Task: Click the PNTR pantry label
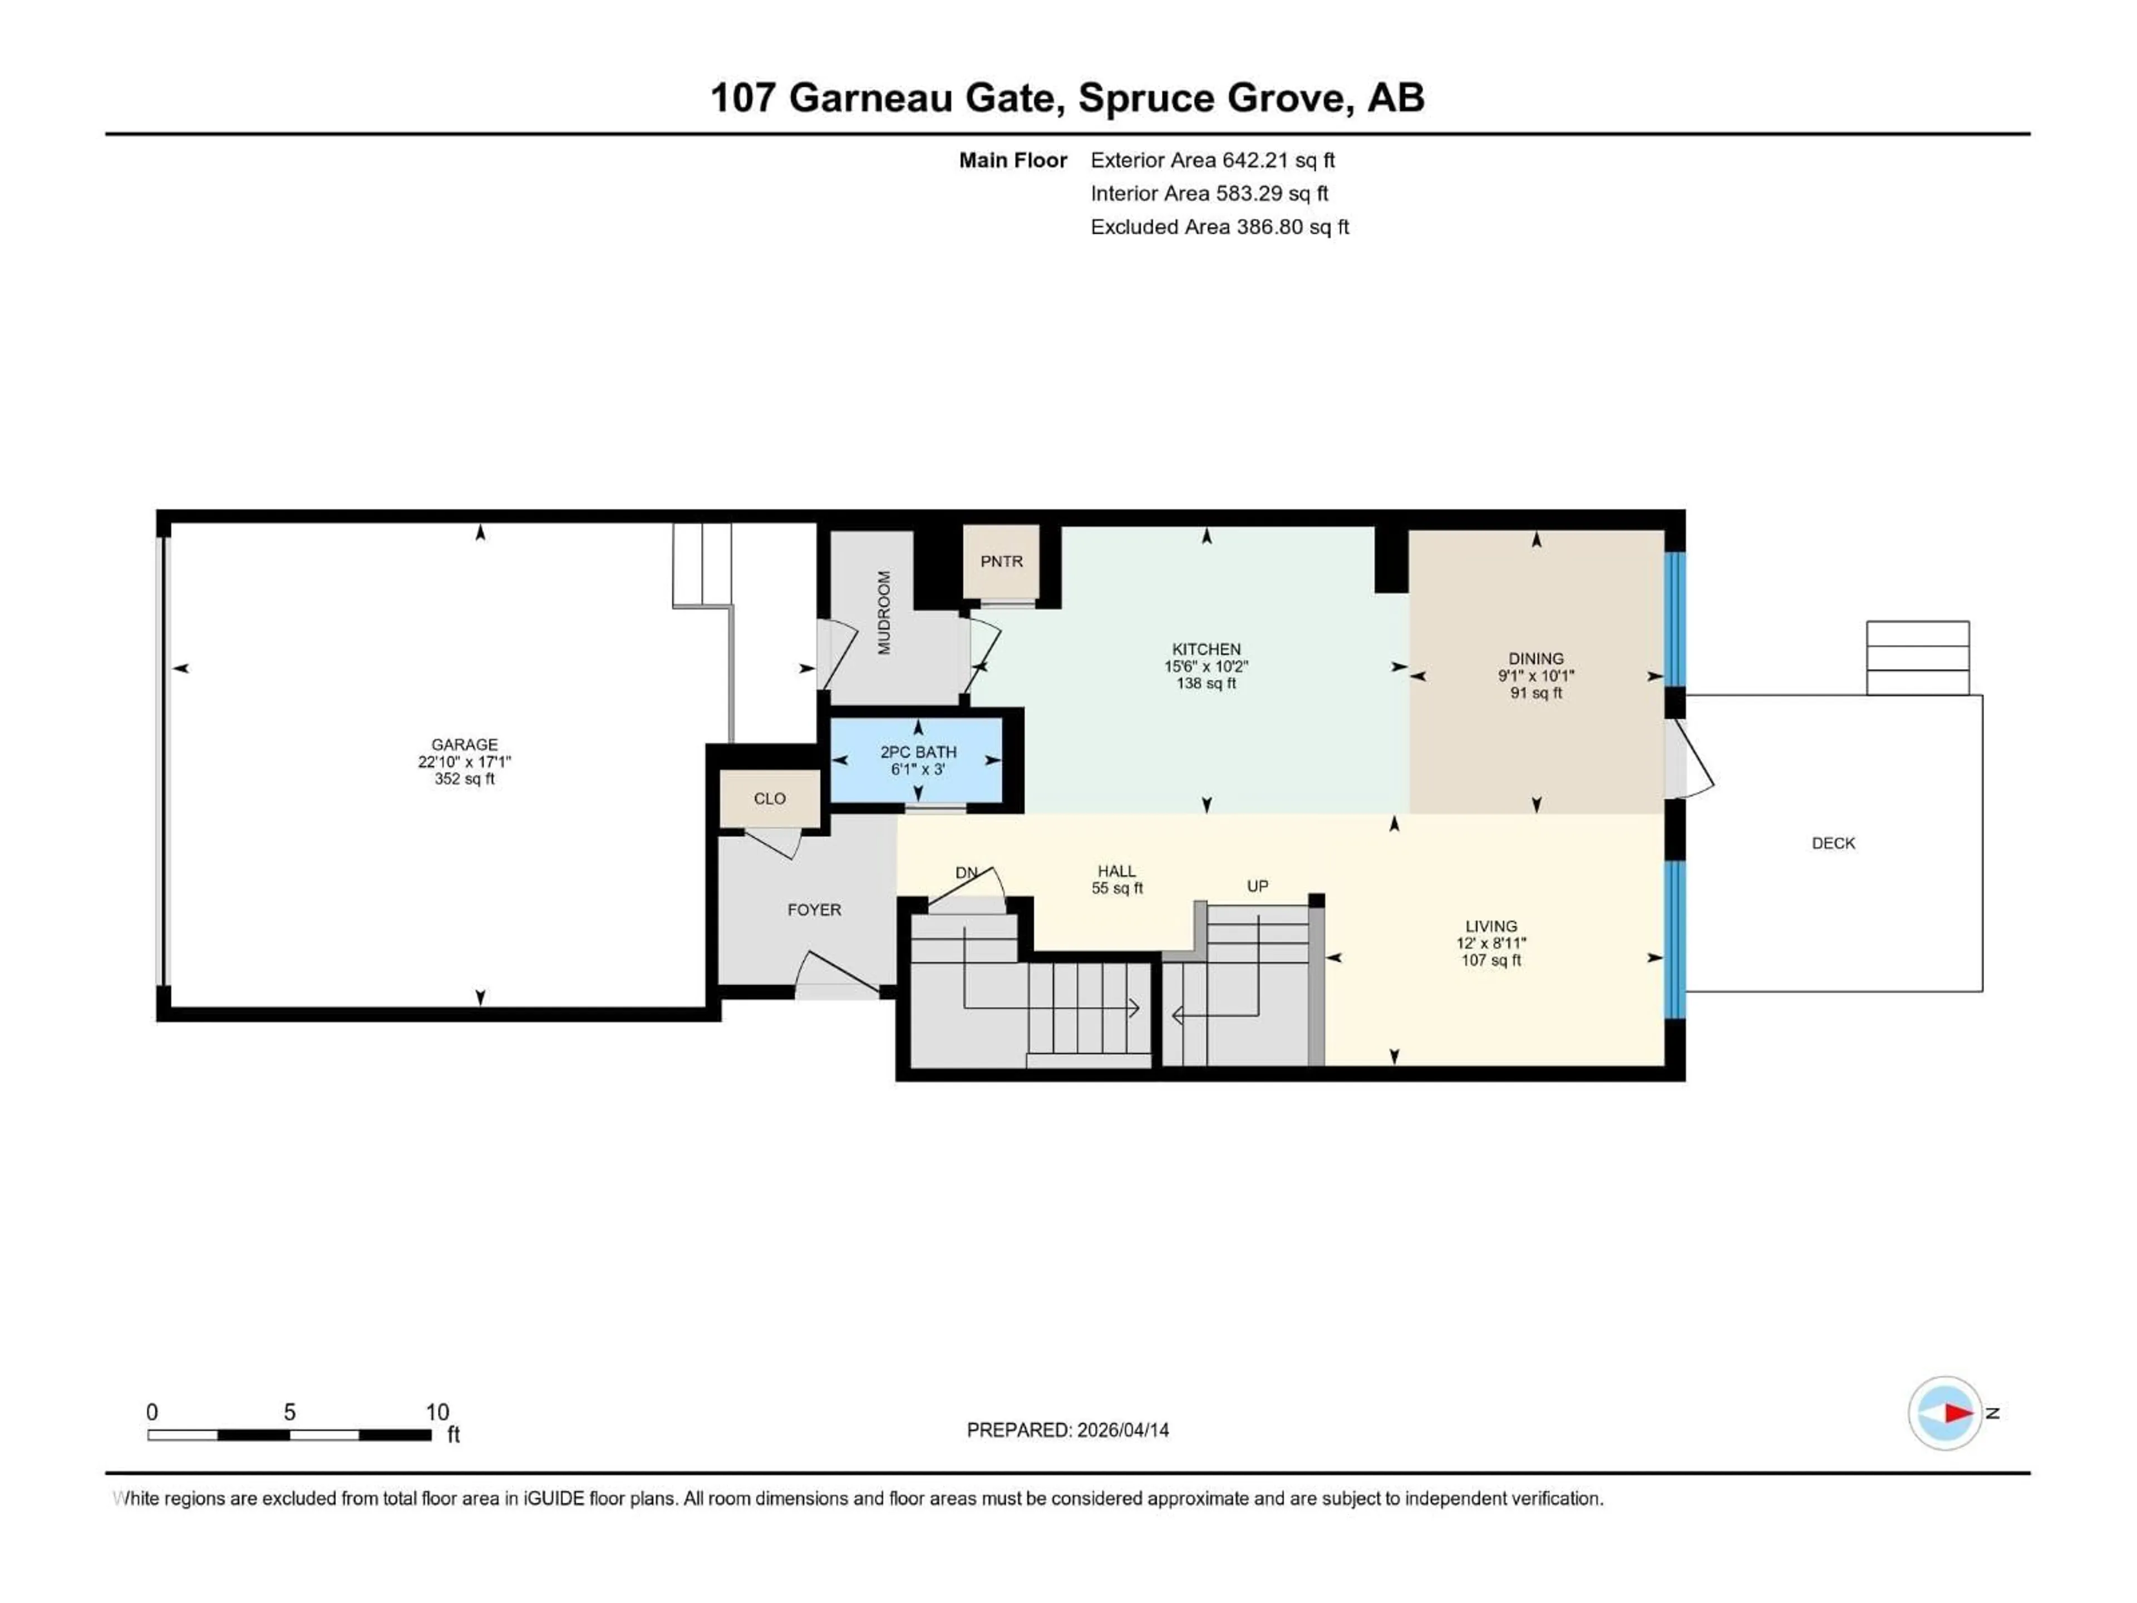1001,562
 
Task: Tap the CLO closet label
769,798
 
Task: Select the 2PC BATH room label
918,752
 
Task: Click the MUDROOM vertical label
884,613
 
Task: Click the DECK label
1833,843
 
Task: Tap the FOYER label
814,909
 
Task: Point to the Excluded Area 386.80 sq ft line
1219,227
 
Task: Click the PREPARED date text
1067,1430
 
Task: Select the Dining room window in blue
1674,618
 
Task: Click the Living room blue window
1674,939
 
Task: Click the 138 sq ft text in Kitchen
1206,683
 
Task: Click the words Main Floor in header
1012,160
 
